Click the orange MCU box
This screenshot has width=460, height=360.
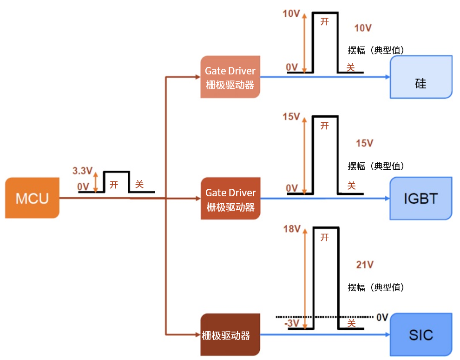pyautogui.click(x=32, y=198)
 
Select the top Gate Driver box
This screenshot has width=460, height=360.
pyautogui.click(x=230, y=77)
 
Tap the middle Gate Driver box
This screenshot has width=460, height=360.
pyautogui.click(x=230, y=199)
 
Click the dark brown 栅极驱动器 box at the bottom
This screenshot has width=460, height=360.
pyautogui.click(x=230, y=335)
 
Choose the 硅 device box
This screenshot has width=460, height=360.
pyautogui.click(x=421, y=77)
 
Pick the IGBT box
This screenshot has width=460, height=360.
pyautogui.click(x=421, y=199)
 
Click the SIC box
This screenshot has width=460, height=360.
pyautogui.click(x=421, y=335)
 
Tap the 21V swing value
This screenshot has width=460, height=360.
pyautogui.click(x=365, y=265)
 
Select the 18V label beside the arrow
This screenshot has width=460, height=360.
pyautogui.click(x=291, y=229)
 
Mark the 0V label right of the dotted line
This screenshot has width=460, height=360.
pyautogui.click(x=382, y=317)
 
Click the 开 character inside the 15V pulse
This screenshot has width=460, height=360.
pyautogui.click(x=325, y=126)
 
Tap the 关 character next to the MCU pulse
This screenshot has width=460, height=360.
pyautogui.click(x=139, y=184)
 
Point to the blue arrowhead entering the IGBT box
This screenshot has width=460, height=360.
pyautogui.click(x=387, y=199)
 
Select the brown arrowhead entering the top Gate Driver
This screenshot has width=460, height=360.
pyautogui.click(x=197, y=77)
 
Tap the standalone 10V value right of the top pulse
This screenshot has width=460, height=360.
pyautogui.click(x=363, y=28)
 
